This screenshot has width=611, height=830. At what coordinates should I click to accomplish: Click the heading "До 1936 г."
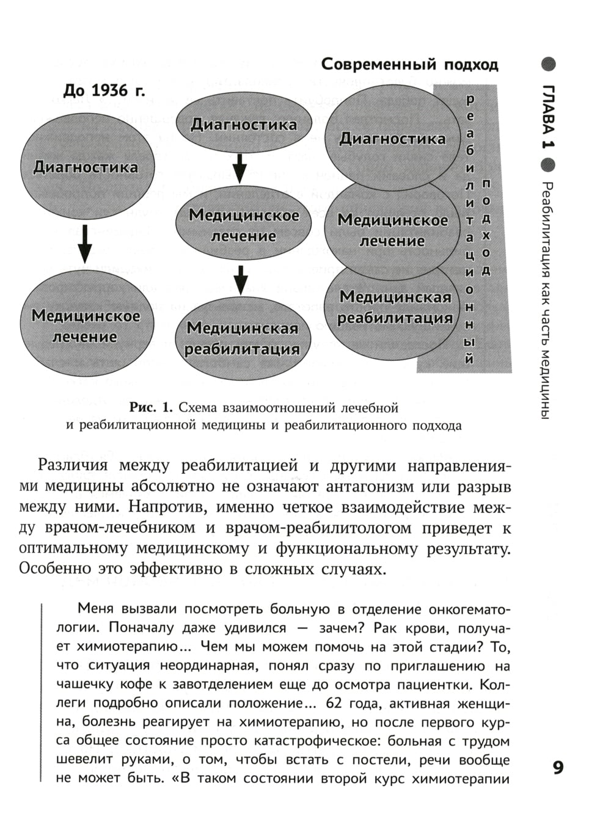pyautogui.click(x=104, y=91)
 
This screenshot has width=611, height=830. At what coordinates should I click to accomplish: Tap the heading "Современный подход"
pyautogui.click(x=409, y=64)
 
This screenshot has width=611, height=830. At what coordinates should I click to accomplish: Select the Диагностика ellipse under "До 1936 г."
pyautogui.click(x=86, y=167)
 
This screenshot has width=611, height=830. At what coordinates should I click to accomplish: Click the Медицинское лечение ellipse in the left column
pyautogui.click(x=86, y=326)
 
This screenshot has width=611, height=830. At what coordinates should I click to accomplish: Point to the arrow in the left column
pyautogui.click(x=86, y=244)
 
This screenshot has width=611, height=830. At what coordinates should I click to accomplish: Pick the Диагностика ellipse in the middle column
pyautogui.click(x=244, y=125)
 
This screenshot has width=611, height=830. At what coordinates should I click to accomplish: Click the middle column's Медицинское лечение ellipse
pyautogui.click(x=244, y=225)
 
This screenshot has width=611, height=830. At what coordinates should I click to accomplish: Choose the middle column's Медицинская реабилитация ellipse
pyautogui.click(x=243, y=338)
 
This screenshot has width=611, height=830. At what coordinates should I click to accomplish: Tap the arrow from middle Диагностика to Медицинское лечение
pyautogui.click(x=240, y=167)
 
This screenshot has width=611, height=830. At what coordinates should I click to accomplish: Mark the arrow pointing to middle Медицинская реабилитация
pyautogui.click(x=241, y=280)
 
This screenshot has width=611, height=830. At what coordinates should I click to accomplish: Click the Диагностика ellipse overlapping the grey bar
pyautogui.click(x=392, y=139)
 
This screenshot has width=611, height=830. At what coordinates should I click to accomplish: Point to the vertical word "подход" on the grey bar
pyautogui.click(x=486, y=227)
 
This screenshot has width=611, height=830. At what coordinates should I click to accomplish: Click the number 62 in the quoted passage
pyautogui.click(x=336, y=703)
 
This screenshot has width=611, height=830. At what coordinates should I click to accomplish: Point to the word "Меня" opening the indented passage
pyautogui.click(x=96, y=608)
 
